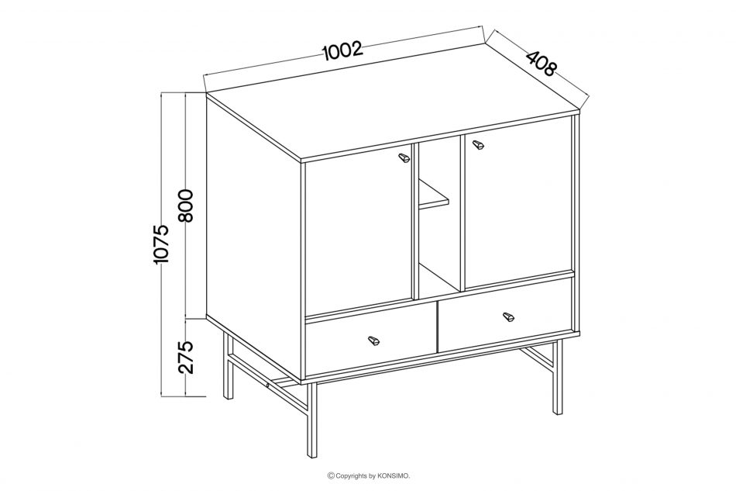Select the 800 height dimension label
click(187, 206)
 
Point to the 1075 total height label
click(161, 244)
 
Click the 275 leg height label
click(187, 357)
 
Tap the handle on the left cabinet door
click(404, 158)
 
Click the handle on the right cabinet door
click(478, 145)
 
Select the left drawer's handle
click(373, 341)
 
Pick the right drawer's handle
click(508, 316)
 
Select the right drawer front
click(506, 314)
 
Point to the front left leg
click(311, 420)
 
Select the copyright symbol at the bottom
click(331, 476)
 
